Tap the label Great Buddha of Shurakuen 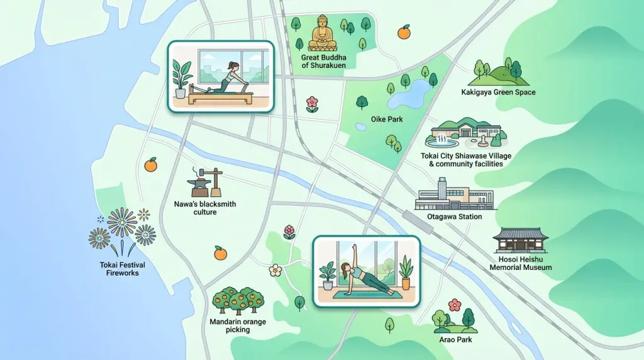click(x=323, y=61)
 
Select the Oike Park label click(x=387, y=118)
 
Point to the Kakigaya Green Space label click(x=498, y=93)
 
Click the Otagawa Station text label click(x=454, y=217)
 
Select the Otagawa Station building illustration click(x=454, y=195)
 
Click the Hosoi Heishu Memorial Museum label click(x=521, y=263)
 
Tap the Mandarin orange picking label click(x=238, y=325)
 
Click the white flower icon click(x=275, y=270)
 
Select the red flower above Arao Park click(x=454, y=305)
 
